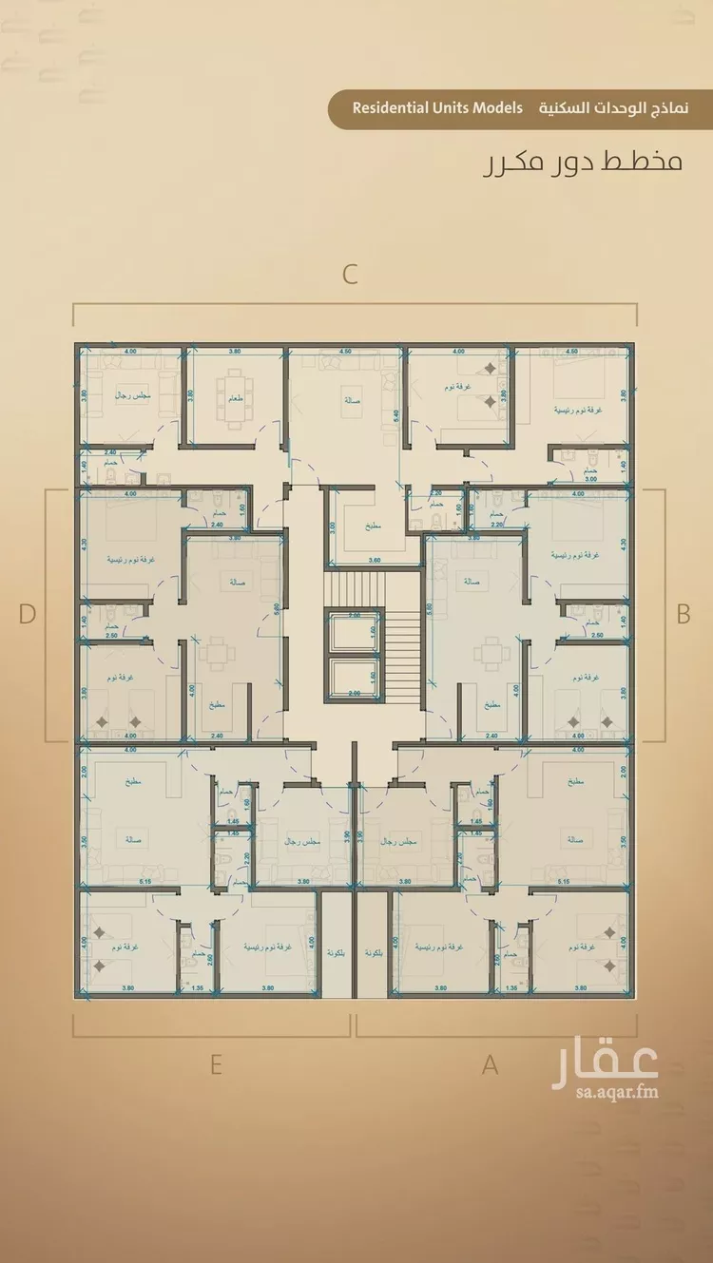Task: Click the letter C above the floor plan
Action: (x=350, y=275)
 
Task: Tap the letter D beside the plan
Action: (x=27, y=614)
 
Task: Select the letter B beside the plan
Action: (x=683, y=614)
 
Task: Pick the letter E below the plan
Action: (x=216, y=1064)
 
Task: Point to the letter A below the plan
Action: (x=490, y=1065)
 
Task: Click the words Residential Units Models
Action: (x=437, y=108)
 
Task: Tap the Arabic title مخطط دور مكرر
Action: (x=582, y=161)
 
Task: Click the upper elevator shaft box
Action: (x=353, y=632)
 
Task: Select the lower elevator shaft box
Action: (x=353, y=679)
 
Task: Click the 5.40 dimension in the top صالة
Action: (x=395, y=412)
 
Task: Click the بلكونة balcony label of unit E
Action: (x=335, y=952)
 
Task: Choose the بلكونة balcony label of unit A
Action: (x=372, y=952)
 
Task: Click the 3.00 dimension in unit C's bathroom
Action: (x=589, y=480)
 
